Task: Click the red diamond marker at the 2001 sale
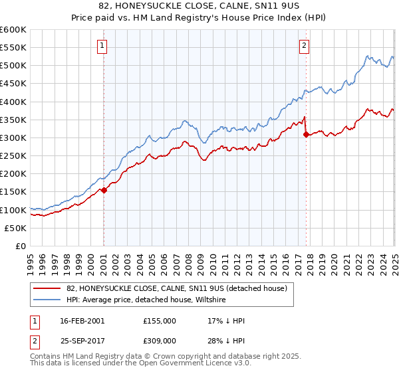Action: click(x=104, y=190)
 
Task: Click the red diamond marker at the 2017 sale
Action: click(x=306, y=135)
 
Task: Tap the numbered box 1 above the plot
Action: click(x=102, y=46)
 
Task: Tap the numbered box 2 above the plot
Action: click(x=304, y=46)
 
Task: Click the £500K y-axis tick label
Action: click(x=13, y=65)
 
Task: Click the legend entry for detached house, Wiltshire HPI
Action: click(x=146, y=300)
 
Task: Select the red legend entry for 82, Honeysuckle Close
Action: click(x=176, y=288)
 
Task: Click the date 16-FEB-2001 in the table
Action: click(x=82, y=321)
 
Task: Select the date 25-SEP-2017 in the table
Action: click(x=82, y=341)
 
